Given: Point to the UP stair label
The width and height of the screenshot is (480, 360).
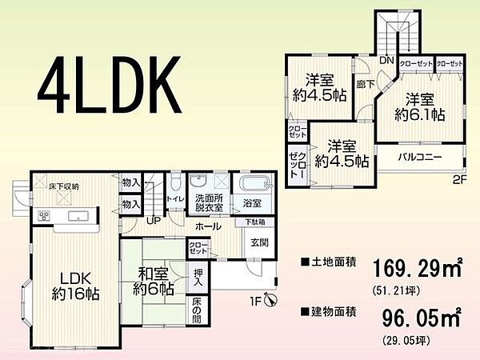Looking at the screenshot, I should pyautogui.click(x=152, y=222).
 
